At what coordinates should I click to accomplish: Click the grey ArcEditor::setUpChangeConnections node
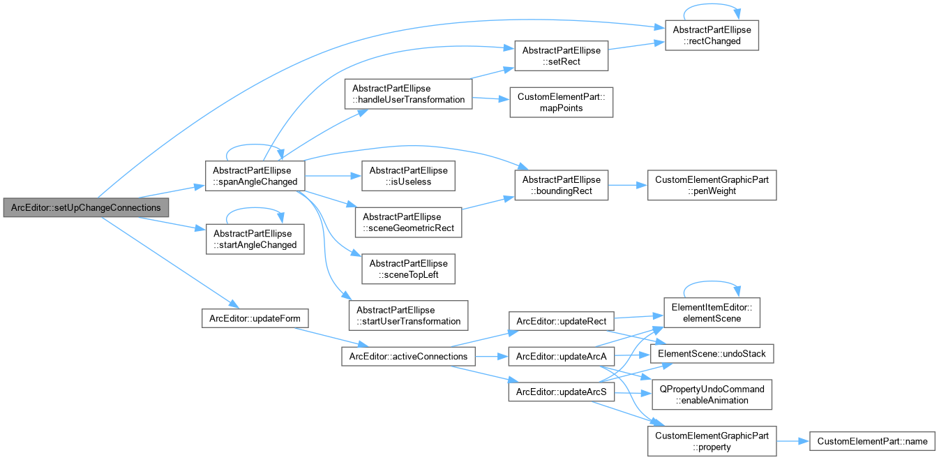point(86,207)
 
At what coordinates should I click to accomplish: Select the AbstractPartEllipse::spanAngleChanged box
point(255,176)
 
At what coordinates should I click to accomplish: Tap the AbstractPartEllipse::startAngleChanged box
point(255,239)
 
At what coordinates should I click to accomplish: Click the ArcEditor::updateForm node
point(255,318)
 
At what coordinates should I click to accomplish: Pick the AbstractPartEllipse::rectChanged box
point(712,35)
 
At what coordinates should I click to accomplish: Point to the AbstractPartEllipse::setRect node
point(562,56)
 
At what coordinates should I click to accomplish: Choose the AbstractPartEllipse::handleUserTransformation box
point(408,94)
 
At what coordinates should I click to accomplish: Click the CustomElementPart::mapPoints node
point(562,103)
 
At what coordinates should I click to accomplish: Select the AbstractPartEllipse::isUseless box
point(408,176)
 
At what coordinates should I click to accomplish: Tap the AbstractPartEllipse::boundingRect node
point(562,185)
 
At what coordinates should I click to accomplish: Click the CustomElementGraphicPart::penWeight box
point(712,185)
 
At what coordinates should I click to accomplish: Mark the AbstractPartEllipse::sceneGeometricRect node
point(408,222)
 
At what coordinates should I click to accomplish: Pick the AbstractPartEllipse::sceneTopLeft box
point(408,269)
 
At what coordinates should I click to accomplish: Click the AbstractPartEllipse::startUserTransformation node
point(408,316)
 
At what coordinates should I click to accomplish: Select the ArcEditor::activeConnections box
point(408,357)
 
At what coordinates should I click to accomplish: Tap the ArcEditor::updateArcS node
point(562,392)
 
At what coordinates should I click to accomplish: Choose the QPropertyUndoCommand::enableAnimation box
point(712,394)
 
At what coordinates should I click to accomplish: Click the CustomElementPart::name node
point(872,441)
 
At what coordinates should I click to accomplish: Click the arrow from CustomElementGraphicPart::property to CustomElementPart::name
point(792,441)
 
